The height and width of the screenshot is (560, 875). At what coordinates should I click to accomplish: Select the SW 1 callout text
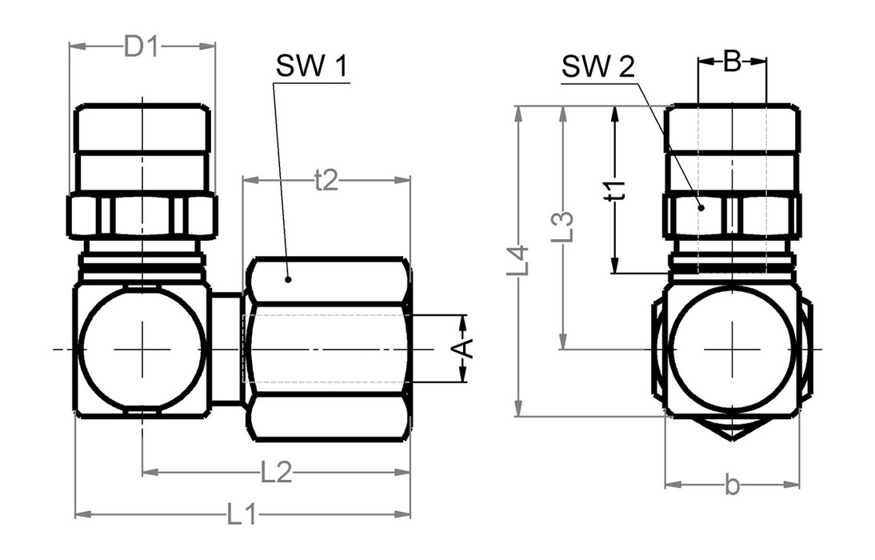click(311, 67)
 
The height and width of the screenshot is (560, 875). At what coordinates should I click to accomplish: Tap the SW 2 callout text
click(597, 67)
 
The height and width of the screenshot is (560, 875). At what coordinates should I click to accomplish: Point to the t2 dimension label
click(326, 182)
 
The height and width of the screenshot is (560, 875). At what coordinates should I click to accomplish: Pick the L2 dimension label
click(276, 473)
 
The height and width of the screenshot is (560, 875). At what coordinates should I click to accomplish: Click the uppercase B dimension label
click(732, 61)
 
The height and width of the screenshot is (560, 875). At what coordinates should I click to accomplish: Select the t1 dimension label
click(614, 191)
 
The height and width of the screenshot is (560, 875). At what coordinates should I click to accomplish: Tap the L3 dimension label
click(564, 226)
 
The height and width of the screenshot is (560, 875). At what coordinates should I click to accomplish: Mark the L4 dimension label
click(520, 262)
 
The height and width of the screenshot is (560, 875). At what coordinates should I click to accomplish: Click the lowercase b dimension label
click(732, 485)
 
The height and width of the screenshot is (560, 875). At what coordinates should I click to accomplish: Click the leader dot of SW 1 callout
click(288, 279)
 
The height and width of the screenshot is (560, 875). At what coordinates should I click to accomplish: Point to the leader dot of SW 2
click(701, 207)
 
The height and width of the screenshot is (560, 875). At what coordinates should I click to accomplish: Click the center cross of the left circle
click(142, 349)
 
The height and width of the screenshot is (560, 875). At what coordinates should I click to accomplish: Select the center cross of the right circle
click(733, 349)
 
